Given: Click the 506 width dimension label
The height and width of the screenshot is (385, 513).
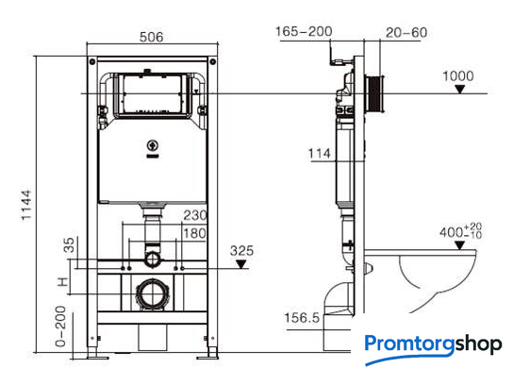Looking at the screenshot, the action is [151, 37].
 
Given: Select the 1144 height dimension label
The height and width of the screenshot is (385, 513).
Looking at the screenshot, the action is [26, 206].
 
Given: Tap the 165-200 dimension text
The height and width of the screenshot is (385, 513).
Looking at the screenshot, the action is [304, 32].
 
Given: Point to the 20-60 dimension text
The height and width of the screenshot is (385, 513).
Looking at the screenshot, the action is [406, 33].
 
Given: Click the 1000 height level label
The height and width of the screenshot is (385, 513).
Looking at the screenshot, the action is [458, 75].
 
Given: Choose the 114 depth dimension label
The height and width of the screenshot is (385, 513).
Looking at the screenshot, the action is [320, 154].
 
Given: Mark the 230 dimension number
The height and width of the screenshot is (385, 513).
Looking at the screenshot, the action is [195, 215].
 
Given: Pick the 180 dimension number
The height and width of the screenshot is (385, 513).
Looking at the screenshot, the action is [195, 233].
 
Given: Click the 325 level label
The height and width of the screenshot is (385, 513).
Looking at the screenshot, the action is [241, 251].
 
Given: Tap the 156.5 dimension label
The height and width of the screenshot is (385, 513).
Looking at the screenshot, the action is [302, 318].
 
